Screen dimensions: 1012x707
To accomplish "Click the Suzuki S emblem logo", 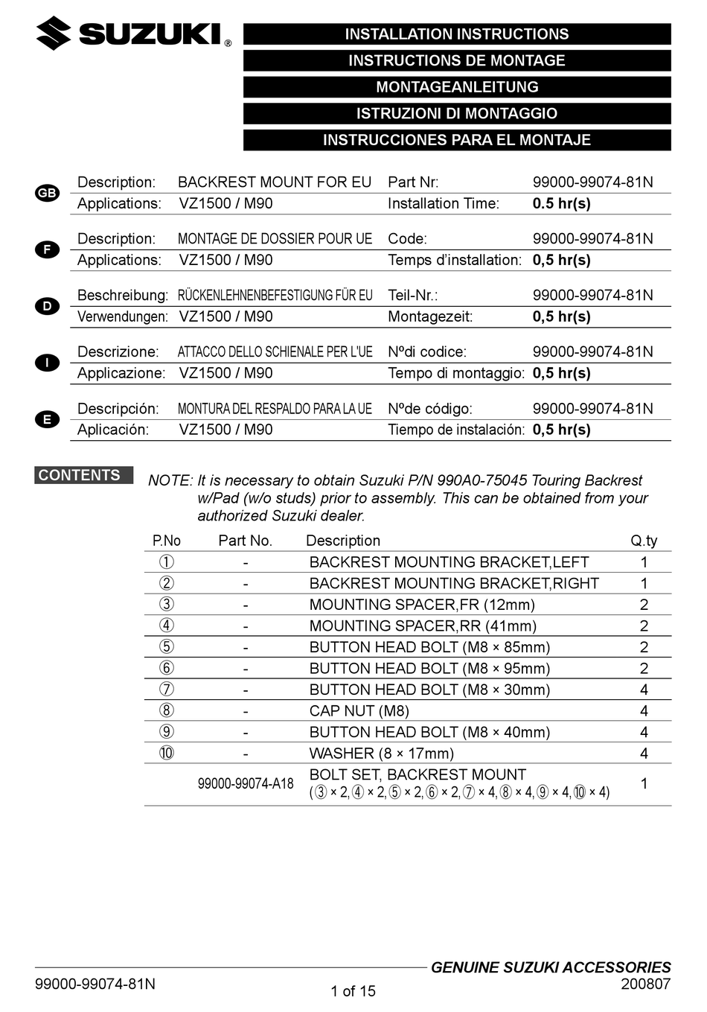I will pos(54,34).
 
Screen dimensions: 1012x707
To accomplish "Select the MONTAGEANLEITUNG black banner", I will pos(456,87).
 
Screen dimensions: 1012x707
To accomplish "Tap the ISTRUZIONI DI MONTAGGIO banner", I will pos(456,114).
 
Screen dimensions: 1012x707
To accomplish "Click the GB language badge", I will pos(47,193).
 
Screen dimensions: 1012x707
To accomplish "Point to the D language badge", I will pos(47,306).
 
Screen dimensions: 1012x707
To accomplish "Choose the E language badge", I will pos(47,419).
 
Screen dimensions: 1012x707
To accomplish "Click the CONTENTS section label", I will pos(80,475).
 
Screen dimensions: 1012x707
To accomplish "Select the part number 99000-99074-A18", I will pos(246,783).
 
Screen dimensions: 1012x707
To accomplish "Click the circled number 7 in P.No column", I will pos(167,690).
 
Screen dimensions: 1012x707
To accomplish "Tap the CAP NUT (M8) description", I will pos(359,711).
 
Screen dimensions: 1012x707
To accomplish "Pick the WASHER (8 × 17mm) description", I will pos(381,754).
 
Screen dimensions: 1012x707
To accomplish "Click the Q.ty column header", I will pos(644,541).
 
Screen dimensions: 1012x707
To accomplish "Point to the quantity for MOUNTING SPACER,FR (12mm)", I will pos(644,605).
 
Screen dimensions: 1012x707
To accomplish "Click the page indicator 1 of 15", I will pos(353,991).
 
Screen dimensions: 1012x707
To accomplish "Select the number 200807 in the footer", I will pos(645,984).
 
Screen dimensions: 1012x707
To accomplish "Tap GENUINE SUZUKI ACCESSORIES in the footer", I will pos(551,967).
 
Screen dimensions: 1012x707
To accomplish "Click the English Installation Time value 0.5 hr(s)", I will pos(562,203).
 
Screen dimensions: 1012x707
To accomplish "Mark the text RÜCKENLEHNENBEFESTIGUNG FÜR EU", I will pos(275,295).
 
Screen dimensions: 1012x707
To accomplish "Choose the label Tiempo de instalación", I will pos(455,430).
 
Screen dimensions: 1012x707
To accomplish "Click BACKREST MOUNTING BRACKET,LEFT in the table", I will pos(449,562).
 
